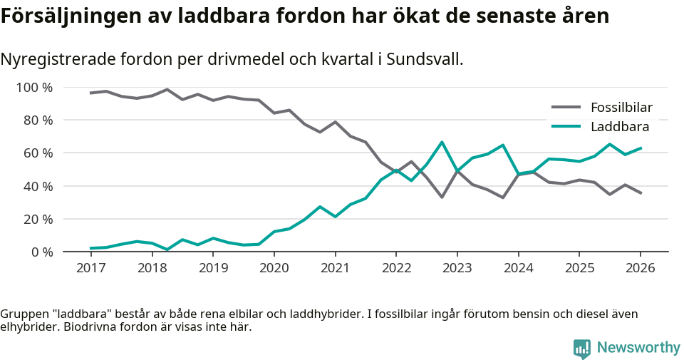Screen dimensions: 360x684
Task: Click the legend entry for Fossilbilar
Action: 621,108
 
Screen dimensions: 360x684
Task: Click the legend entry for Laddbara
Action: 619,127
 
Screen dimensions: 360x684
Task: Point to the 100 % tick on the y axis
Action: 35,88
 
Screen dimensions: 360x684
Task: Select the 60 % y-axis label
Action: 38,153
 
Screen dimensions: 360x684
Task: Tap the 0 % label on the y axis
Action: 41,252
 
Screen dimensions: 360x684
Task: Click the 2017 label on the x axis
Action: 90,268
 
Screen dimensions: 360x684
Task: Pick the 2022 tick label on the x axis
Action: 395,268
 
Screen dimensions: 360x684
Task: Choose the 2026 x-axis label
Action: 640,268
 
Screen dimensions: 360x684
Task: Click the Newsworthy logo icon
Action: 581,348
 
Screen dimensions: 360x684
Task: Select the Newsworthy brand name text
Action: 638,348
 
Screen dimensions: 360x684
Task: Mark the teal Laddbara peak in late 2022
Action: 442,142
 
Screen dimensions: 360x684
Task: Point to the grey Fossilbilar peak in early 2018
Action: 167,89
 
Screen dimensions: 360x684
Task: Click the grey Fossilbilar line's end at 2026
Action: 641,193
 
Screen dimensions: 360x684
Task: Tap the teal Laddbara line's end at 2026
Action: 641,148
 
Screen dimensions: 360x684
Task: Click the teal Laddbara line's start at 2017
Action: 90,248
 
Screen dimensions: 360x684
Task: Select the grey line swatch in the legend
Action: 566,108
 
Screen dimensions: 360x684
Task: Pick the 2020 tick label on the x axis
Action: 274,268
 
